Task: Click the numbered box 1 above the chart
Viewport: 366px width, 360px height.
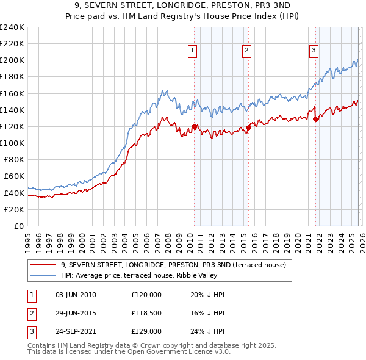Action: tap(192, 51)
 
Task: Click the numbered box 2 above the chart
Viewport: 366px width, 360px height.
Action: tap(246, 51)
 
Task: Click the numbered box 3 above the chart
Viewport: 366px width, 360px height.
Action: tap(314, 51)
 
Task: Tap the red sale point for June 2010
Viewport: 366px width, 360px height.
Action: tap(195, 127)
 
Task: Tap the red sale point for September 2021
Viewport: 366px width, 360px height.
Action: tap(316, 120)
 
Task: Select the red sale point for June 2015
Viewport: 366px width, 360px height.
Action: tap(249, 128)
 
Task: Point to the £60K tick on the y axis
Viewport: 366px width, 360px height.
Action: tap(13, 176)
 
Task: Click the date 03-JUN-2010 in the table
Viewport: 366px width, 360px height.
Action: tap(76, 295)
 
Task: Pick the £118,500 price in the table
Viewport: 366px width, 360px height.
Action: tap(146, 313)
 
